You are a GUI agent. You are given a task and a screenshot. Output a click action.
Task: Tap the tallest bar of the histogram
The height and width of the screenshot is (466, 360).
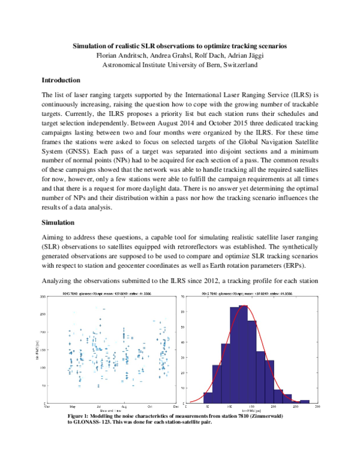pyautogui.click(x=243, y=354)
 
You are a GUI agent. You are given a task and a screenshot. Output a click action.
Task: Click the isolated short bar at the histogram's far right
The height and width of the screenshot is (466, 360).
pyautogui.click(x=305, y=401)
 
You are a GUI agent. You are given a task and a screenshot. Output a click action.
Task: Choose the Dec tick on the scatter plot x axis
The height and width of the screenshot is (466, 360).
pyautogui.click(x=175, y=407)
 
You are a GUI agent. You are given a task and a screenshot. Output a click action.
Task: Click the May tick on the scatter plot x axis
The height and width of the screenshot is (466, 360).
pyautogui.click(x=73, y=407)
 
